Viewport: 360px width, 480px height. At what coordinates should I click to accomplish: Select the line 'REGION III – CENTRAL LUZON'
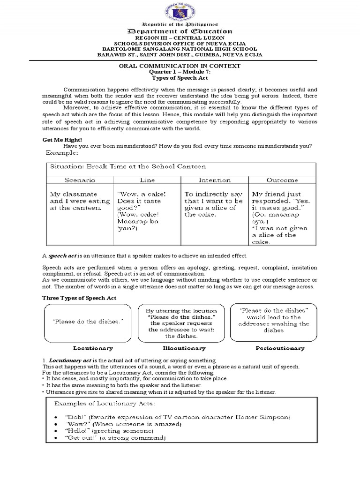point(180,37)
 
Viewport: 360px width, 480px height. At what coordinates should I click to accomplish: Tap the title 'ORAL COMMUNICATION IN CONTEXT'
point(180,66)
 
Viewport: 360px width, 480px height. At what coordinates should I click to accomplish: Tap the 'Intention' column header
point(214,180)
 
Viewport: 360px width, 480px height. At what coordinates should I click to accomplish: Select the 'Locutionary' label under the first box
point(93,348)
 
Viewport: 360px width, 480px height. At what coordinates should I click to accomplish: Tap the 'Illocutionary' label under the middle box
point(184,348)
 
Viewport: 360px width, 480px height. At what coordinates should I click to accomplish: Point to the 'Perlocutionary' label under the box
point(280,348)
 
